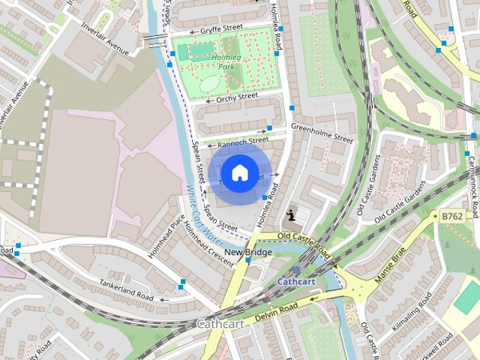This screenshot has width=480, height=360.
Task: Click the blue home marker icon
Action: coord(238,173)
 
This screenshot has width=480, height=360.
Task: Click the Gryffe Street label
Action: coord(220,30)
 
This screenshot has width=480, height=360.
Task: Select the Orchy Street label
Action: coord(237,97)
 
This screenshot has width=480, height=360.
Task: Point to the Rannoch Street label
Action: coord(243,140)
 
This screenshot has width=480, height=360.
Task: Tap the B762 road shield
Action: coord(451,216)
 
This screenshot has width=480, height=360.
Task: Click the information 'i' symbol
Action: coord(291,216)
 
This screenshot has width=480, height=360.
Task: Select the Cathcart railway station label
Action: coord(295,281)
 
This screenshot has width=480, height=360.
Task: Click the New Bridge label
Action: coord(248,253)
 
